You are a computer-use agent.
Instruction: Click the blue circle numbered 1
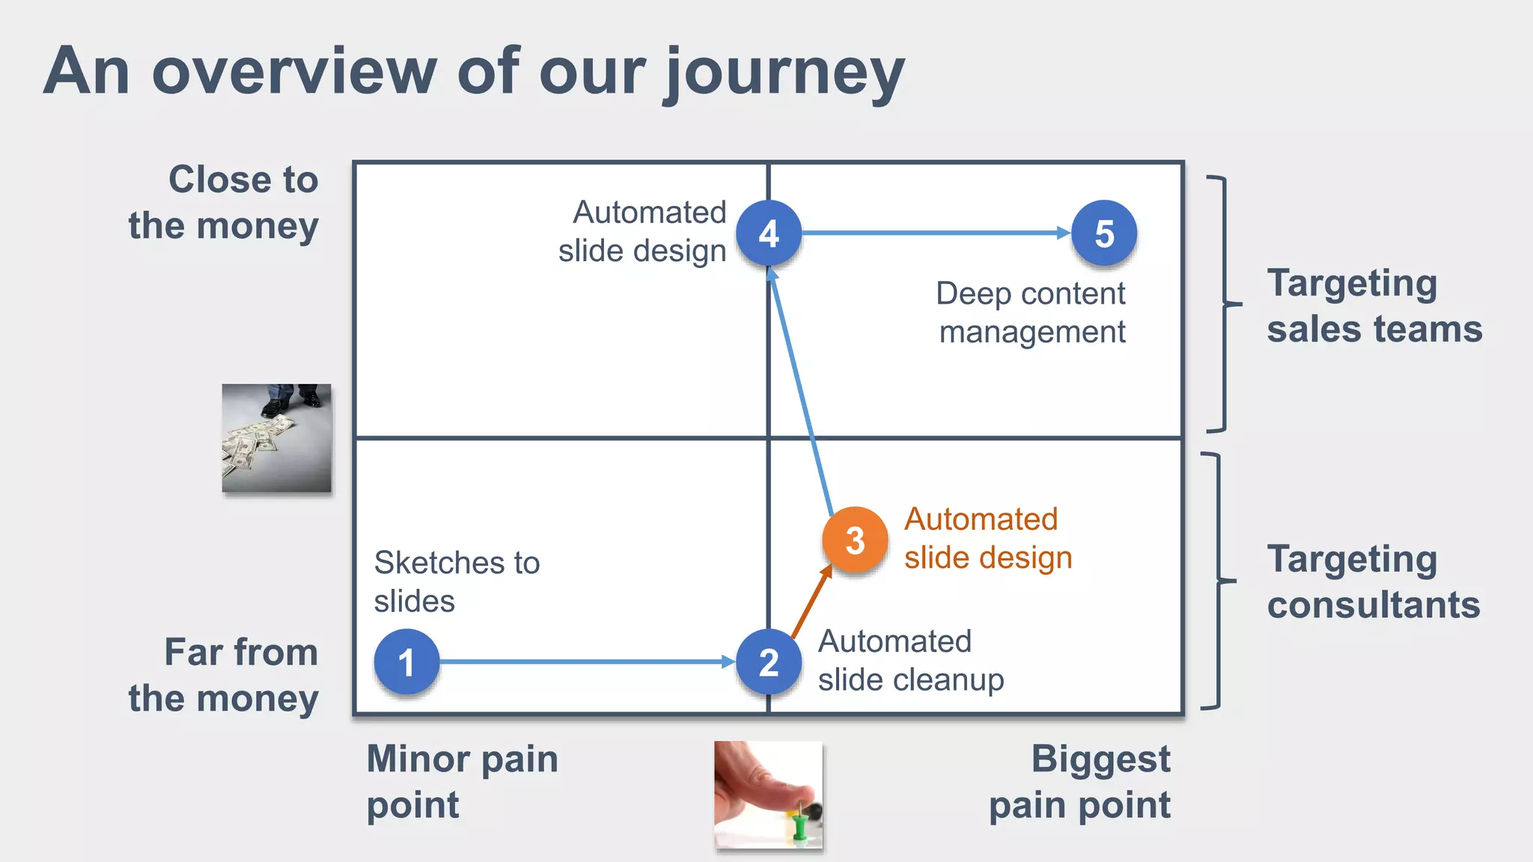tap(406, 662)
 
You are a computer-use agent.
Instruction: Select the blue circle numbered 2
tap(769, 662)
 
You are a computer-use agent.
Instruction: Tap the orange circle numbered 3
tap(855, 540)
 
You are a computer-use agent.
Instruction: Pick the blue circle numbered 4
tap(769, 233)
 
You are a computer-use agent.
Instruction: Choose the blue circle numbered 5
tap(1104, 233)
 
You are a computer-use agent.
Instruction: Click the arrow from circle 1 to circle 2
tap(584, 662)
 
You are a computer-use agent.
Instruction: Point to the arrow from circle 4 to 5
tap(936, 233)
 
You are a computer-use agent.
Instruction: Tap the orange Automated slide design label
tap(987, 539)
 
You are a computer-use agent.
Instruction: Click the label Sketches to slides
tap(457, 581)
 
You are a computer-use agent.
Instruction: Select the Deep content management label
tap(1031, 313)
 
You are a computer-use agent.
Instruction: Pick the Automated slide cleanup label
tap(909, 661)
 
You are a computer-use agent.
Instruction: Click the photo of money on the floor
tap(276, 438)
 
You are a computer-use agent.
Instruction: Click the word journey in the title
tap(784, 73)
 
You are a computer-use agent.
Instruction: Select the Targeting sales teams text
tap(1374, 306)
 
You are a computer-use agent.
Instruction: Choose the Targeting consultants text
tap(1373, 581)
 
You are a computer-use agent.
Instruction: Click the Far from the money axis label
tap(224, 675)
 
